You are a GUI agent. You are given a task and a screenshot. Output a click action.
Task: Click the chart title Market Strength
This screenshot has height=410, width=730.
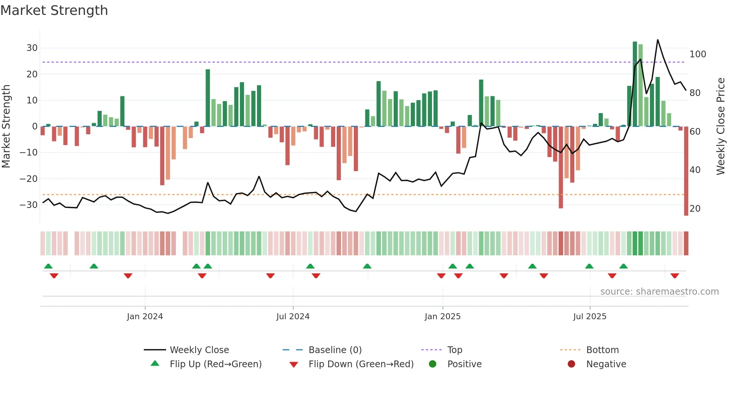coord(54,10)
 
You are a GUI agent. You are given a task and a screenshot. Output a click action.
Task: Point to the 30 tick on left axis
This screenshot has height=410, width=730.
coord(32,48)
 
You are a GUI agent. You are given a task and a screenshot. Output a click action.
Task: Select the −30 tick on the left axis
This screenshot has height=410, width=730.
coord(29,205)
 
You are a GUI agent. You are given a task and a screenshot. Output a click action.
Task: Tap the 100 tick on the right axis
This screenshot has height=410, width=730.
coord(698,54)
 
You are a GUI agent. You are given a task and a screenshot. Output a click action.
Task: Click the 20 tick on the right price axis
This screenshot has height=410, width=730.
coord(695,209)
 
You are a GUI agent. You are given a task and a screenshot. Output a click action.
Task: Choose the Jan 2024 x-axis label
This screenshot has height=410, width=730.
coord(145,317)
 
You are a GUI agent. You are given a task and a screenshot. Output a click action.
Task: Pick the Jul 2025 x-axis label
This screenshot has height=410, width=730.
coord(590,317)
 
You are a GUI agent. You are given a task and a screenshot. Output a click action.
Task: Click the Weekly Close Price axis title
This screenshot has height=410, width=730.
coord(721,126)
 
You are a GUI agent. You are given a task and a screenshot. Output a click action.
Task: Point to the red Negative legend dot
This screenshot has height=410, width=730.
coord(571,364)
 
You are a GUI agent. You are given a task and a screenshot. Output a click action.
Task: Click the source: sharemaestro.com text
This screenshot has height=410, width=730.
coord(659,292)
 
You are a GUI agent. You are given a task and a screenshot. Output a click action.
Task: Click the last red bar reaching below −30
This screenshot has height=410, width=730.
coord(686,171)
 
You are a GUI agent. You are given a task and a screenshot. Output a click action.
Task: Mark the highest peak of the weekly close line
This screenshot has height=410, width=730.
coord(658,40)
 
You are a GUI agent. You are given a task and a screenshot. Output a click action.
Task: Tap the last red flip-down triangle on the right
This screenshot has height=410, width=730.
coord(675,276)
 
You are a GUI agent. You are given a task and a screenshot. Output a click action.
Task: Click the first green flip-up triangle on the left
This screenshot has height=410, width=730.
coord(48,266)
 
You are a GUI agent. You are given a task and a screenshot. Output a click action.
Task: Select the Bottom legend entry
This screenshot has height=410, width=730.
coord(602,350)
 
